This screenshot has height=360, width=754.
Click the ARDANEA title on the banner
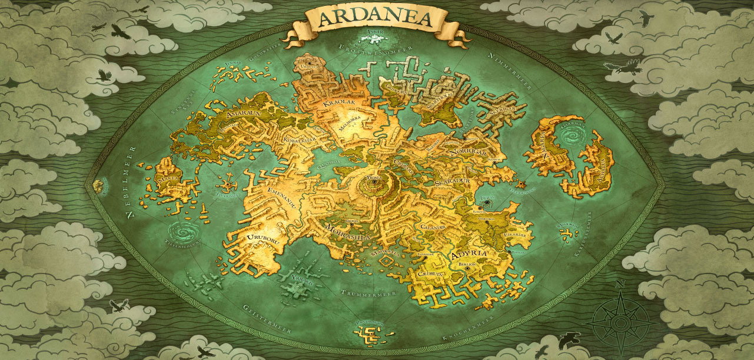pyautogui.click(x=375, y=19)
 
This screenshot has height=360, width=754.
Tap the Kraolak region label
pyautogui.click(x=337, y=104)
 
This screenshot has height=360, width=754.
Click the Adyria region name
pyautogui.click(x=469, y=255)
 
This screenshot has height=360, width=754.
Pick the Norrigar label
pyautogui.click(x=468, y=152)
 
